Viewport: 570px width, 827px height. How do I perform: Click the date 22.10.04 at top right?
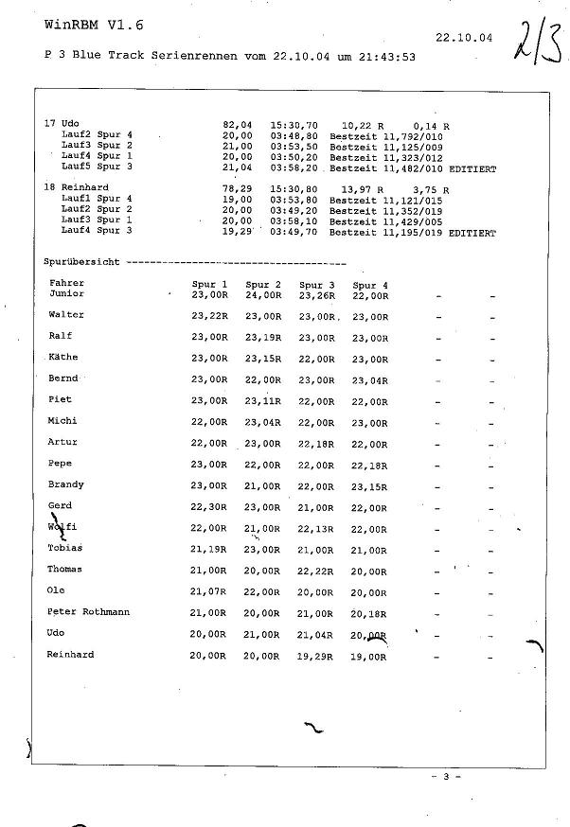pyautogui.click(x=465, y=39)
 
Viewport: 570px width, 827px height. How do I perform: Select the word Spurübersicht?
pyautogui.click(x=81, y=262)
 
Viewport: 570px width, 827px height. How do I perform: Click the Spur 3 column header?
pyautogui.click(x=316, y=285)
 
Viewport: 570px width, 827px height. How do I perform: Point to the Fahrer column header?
pyautogui.click(x=66, y=283)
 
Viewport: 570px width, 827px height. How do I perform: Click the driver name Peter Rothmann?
pyautogui.click(x=88, y=612)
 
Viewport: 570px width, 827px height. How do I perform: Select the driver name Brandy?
pyautogui.click(x=65, y=484)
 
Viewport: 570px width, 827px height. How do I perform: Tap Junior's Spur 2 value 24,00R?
pyautogui.click(x=263, y=295)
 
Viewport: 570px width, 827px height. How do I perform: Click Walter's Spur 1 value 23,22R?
pyautogui.click(x=209, y=316)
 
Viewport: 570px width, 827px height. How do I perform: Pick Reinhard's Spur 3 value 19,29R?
pyautogui.click(x=317, y=656)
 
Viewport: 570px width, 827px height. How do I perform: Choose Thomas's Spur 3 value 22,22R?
pyautogui.click(x=317, y=571)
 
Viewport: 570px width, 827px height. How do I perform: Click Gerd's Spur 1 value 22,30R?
pyautogui.click(x=209, y=507)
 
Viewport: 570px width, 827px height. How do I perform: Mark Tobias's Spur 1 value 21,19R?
pyautogui.click(x=209, y=550)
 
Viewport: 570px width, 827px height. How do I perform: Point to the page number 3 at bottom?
pyautogui.click(x=445, y=776)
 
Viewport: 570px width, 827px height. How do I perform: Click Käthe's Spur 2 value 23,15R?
pyautogui.click(x=263, y=359)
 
